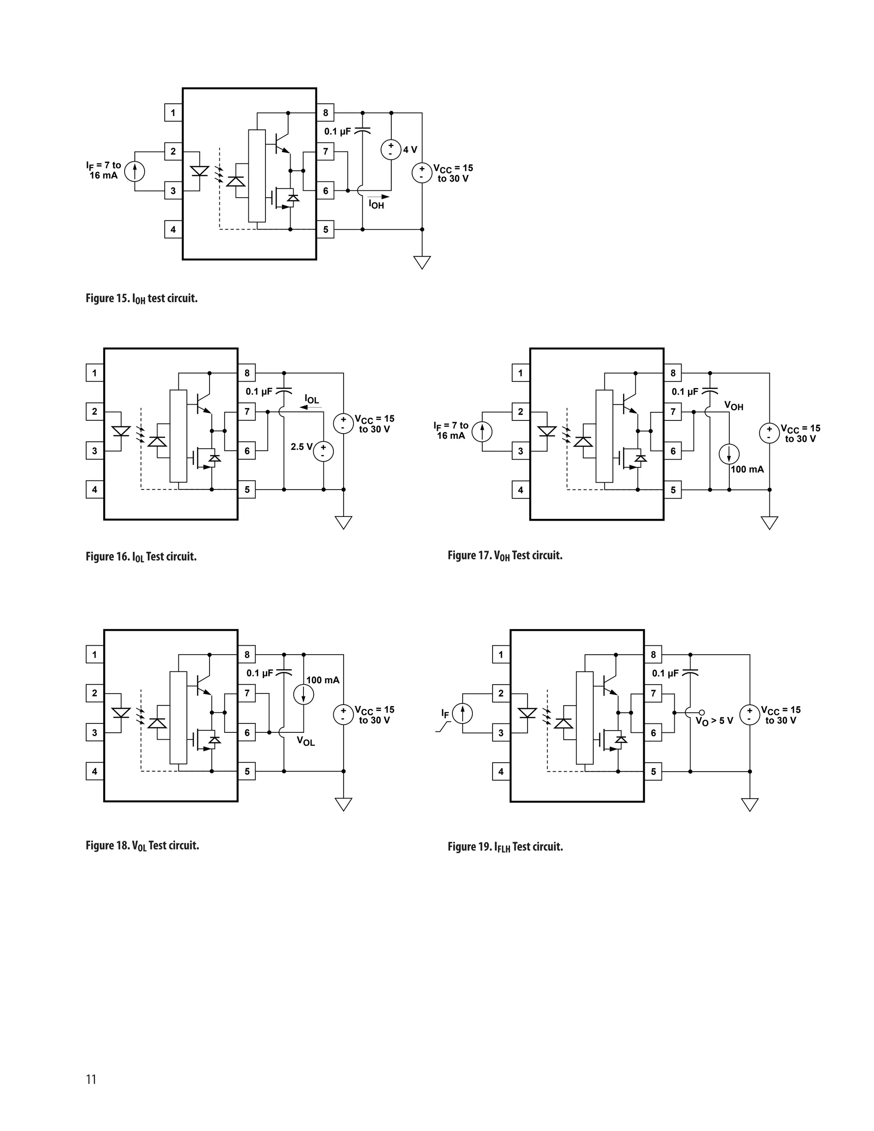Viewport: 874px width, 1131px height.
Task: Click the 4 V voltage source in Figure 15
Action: coord(391,150)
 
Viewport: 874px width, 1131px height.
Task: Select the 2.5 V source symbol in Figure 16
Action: coord(323,451)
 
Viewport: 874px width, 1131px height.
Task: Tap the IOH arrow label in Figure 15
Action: coord(376,204)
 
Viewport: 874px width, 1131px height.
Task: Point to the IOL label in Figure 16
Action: coord(312,399)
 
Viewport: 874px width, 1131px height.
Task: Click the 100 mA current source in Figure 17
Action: coord(729,454)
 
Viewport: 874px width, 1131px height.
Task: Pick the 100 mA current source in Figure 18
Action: coord(303,695)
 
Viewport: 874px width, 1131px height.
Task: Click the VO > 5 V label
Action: coord(714,721)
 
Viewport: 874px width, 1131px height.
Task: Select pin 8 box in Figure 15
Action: coord(325,112)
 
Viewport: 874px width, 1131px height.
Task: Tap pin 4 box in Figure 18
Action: coord(94,771)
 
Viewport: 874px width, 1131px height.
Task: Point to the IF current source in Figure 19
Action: coord(462,714)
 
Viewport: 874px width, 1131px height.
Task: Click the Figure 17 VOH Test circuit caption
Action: coord(505,556)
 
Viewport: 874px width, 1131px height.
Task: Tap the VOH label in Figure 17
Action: coord(733,406)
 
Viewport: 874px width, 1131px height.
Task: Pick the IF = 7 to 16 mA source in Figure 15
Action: coord(134,171)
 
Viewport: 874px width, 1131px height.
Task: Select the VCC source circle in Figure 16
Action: coord(343,423)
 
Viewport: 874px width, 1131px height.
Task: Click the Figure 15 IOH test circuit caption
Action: coord(141,299)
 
